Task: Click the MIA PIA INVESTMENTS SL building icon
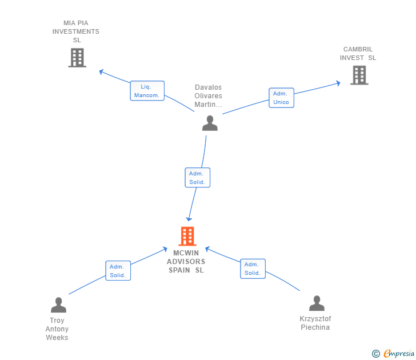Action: (x=77, y=58)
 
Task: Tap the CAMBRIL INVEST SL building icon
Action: (x=359, y=75)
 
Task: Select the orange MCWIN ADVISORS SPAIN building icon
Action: (x=187, y=236)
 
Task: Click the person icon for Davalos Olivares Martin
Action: (x=210, y=123)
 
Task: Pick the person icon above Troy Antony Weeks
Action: (x=58, y=305)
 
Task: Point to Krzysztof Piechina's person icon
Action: (x=316, y=303)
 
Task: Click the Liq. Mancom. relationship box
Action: (x=147, y=91)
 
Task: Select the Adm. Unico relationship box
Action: (x=281, y=98)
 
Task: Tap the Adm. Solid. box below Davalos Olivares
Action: (x=198, y=178)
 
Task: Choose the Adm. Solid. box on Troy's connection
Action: (x=118, y=271)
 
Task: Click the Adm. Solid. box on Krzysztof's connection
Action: (x=253, y=269)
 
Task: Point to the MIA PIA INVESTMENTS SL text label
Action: (x=76, y=31)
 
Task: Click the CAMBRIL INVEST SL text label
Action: (x=358, y=53)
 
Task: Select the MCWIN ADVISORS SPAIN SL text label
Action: (x=186, y=262)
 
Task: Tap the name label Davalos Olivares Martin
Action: (x=208, y=96)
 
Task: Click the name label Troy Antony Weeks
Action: (x=57, y=329)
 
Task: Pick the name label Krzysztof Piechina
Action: (x=315, y=323)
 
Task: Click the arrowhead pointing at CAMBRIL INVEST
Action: (x=338, y=83)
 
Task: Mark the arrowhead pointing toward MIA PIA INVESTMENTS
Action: (x=101, y=71)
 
